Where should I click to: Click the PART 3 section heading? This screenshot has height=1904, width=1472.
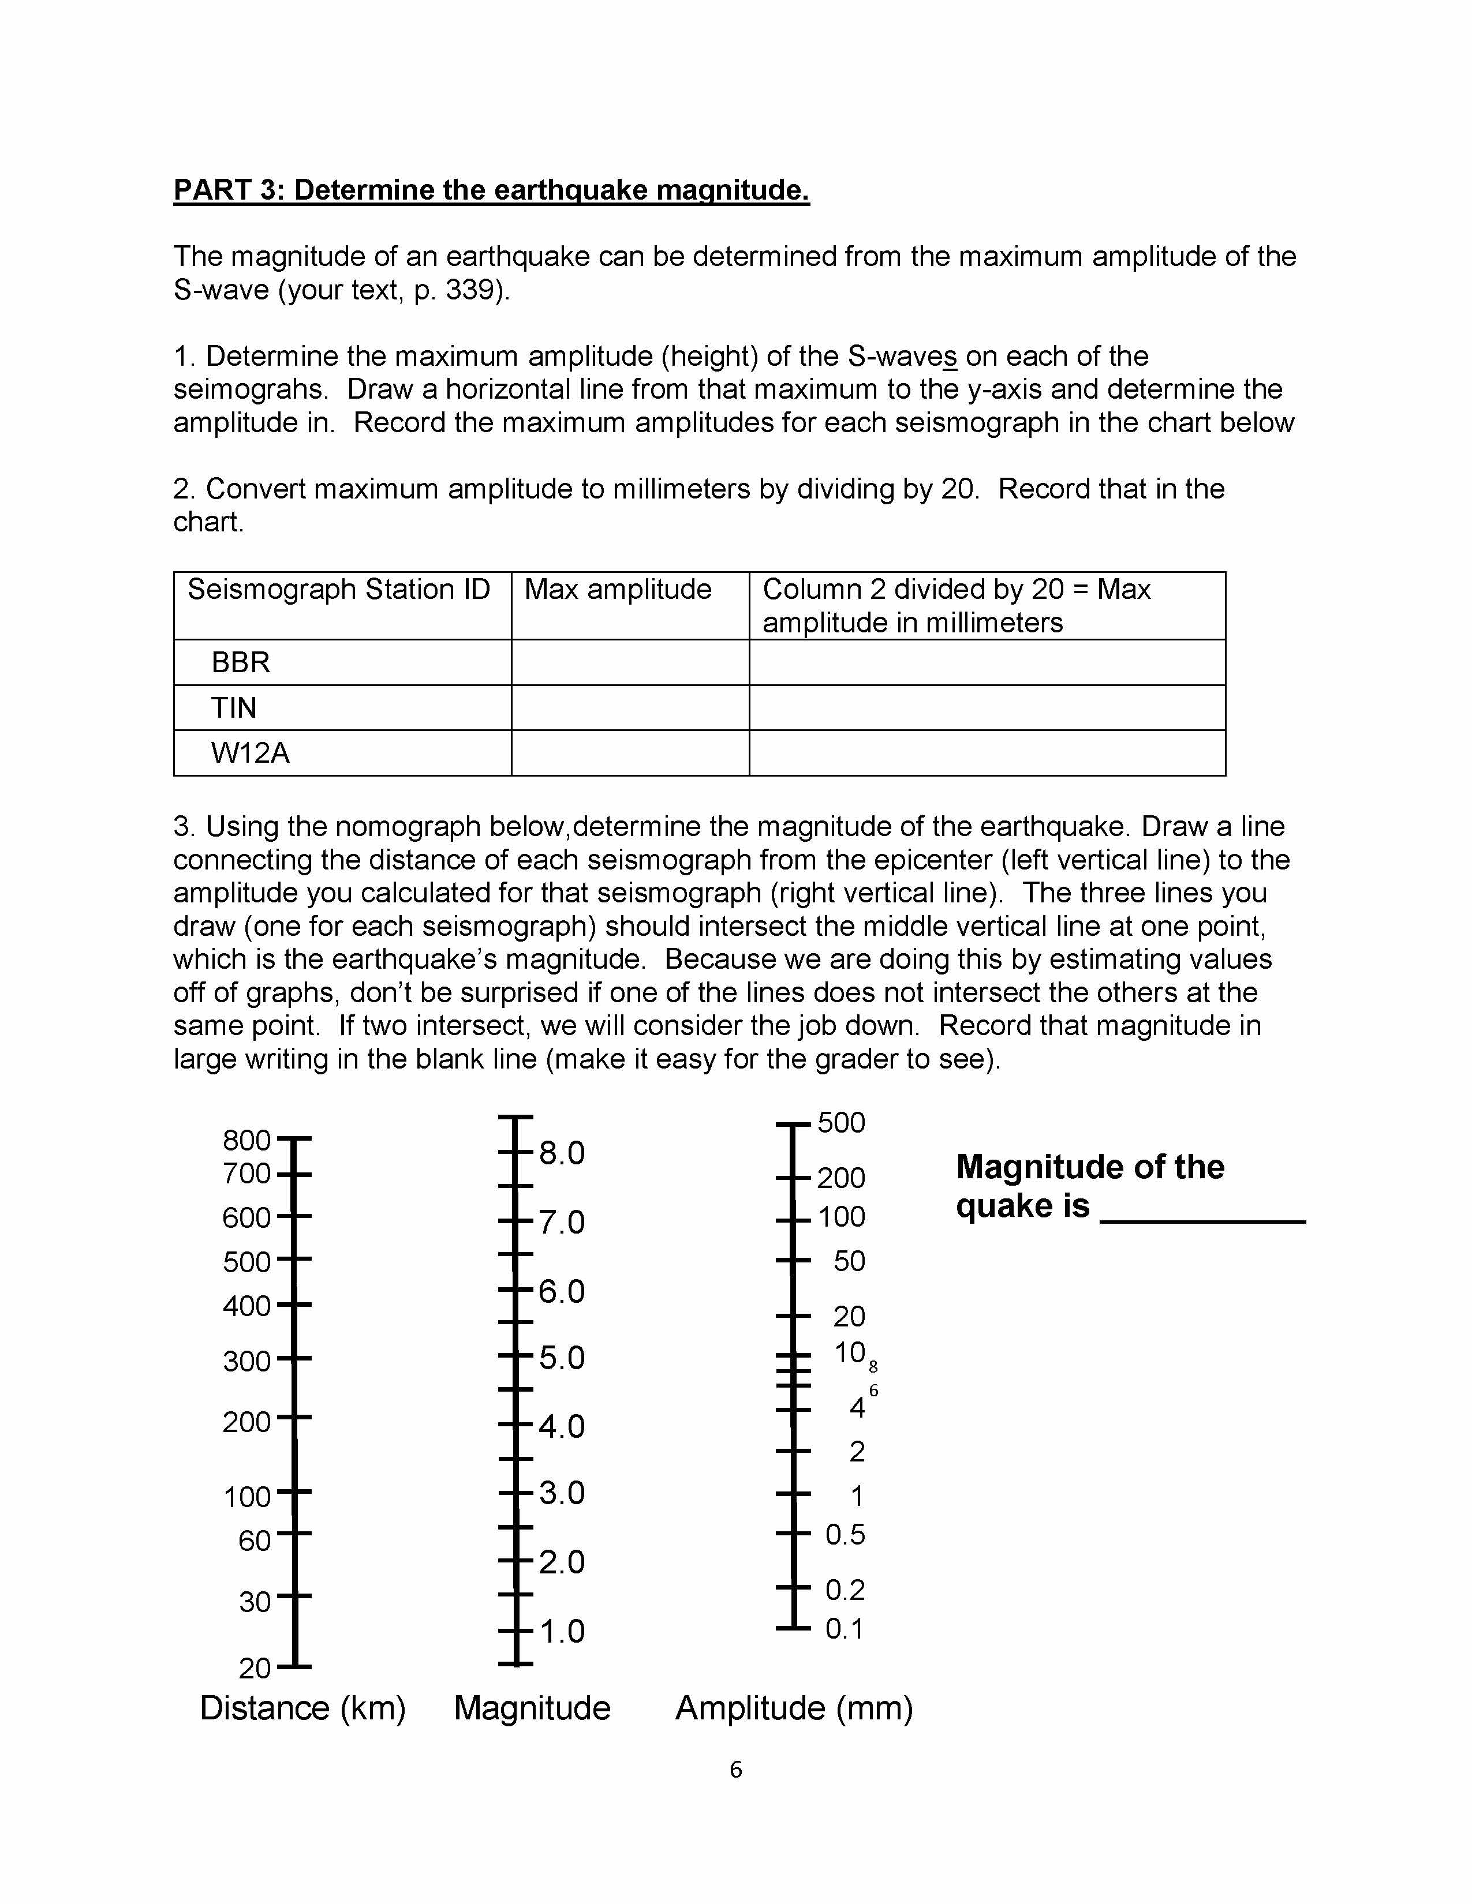(491, 190)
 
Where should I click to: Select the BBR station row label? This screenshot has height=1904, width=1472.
(241, 662)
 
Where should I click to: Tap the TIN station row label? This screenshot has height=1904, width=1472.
(234, 708)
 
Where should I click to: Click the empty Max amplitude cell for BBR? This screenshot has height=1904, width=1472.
(630, 662)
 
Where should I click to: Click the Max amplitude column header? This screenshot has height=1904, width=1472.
(618, 590)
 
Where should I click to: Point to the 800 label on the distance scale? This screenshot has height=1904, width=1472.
(247, 1140)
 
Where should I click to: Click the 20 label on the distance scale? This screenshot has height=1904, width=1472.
(255, 1669)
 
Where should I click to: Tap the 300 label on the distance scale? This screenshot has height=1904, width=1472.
(247, 1361)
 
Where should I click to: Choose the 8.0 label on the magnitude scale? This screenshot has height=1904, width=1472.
(562, 1153)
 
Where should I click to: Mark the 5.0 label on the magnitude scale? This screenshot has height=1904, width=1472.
(562, 1358)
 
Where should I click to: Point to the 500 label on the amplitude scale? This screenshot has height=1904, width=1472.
(840, 1123)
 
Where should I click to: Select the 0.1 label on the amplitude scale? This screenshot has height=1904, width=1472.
(844, 1629)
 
